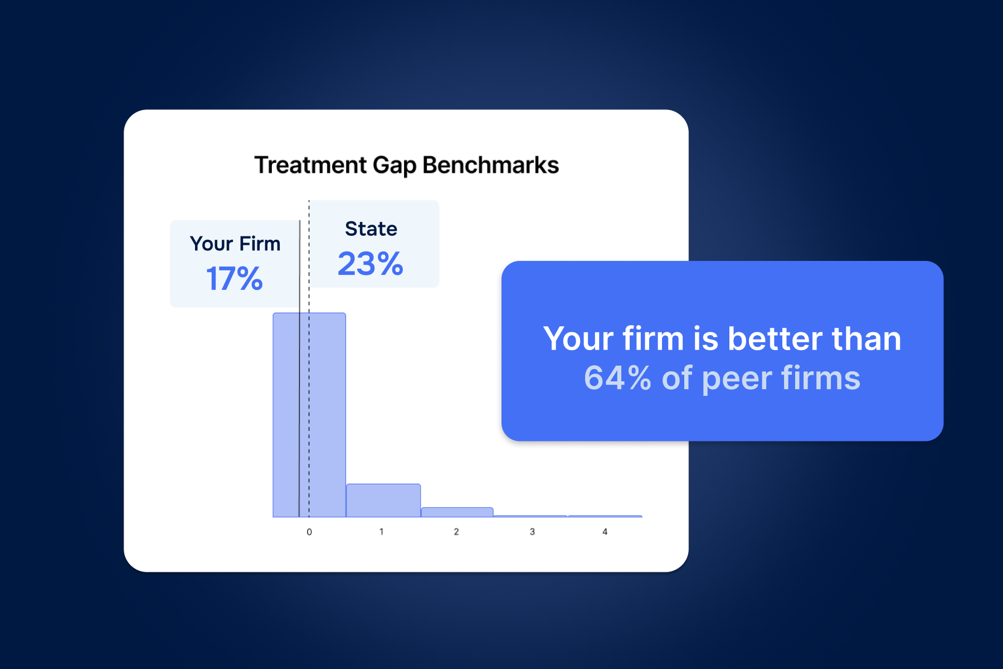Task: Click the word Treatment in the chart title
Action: (x=310, y=165)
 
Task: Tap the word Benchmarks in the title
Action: (x=490, y=165)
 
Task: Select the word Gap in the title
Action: (x=395, y=166)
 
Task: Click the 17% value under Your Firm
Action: (x=234, y=278)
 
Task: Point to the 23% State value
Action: (x=371, y=264)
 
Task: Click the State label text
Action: (x=371, y=229)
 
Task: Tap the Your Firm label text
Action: (x=235, y=244)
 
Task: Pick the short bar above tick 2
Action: (x=457, y=512)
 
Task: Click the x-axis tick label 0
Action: (x=309, y=532)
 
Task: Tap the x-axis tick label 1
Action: (x=382, y=532)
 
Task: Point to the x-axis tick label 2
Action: (x=456, y=532)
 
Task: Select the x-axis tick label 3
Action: (x=532, y=532)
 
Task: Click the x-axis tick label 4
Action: (x=605, y=532)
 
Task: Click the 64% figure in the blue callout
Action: (x=617, y=378)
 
